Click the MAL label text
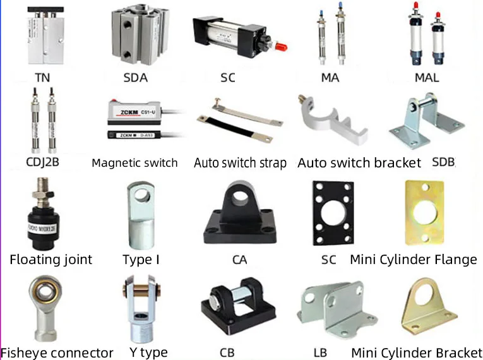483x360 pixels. [x=427, y=78]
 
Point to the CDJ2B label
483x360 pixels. [x=43, y=162]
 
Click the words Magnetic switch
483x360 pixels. [x=134, y=163]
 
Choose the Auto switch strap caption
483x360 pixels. [x=240, y=163]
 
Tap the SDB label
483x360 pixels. [x=443, y=162]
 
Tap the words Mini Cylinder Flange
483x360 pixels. [x=414, y=260]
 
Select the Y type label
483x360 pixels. [x=145, y=352]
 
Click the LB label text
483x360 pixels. [x=320, y=352]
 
